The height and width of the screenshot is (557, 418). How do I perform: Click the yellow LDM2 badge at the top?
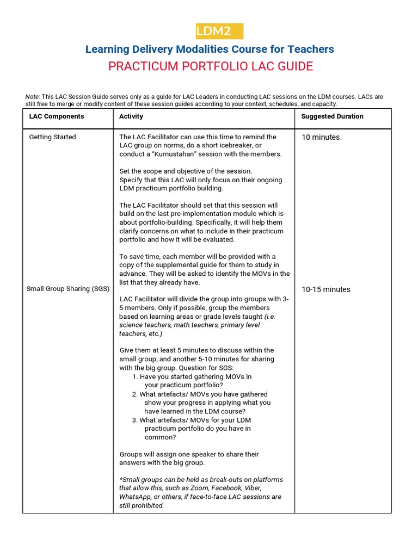tap(219, 32)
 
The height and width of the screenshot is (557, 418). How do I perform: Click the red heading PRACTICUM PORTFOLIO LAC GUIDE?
tap(210, 66)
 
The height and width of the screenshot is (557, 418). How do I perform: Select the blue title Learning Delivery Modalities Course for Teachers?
tap(210, 49)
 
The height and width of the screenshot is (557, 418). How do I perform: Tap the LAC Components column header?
tap(57, 116)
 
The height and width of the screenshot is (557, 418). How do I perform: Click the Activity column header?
tap(131, 116)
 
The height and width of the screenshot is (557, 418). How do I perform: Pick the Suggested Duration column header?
tap(332, 116)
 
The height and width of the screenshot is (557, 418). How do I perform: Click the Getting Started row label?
tap(52, 137)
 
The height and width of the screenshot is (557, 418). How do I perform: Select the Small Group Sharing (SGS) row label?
tap(65, 289)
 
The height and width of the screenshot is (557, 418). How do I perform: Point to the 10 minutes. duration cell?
tap(322, 137)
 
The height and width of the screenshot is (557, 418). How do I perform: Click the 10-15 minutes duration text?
tap(326, 289)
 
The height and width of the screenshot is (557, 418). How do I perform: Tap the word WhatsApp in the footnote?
tap(136, 497)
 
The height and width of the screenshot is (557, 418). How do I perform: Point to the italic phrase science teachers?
tap(144, 325)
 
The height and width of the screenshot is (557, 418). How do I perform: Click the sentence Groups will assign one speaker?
tap(189, 454)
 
